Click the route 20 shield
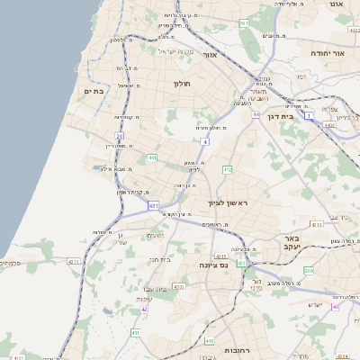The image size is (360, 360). pos(119,136)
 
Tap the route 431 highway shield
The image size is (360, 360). pos(153,205)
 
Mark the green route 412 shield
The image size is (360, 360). pos(228,169)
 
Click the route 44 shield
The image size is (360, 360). pos(256,115)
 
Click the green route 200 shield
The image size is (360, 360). pos(309,270)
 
